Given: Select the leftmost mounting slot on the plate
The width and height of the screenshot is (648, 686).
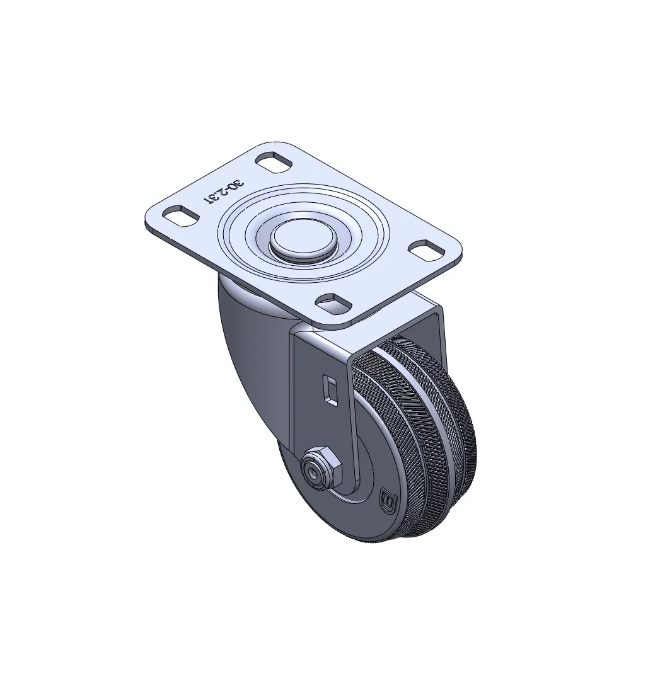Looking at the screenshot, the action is coord(180,216).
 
